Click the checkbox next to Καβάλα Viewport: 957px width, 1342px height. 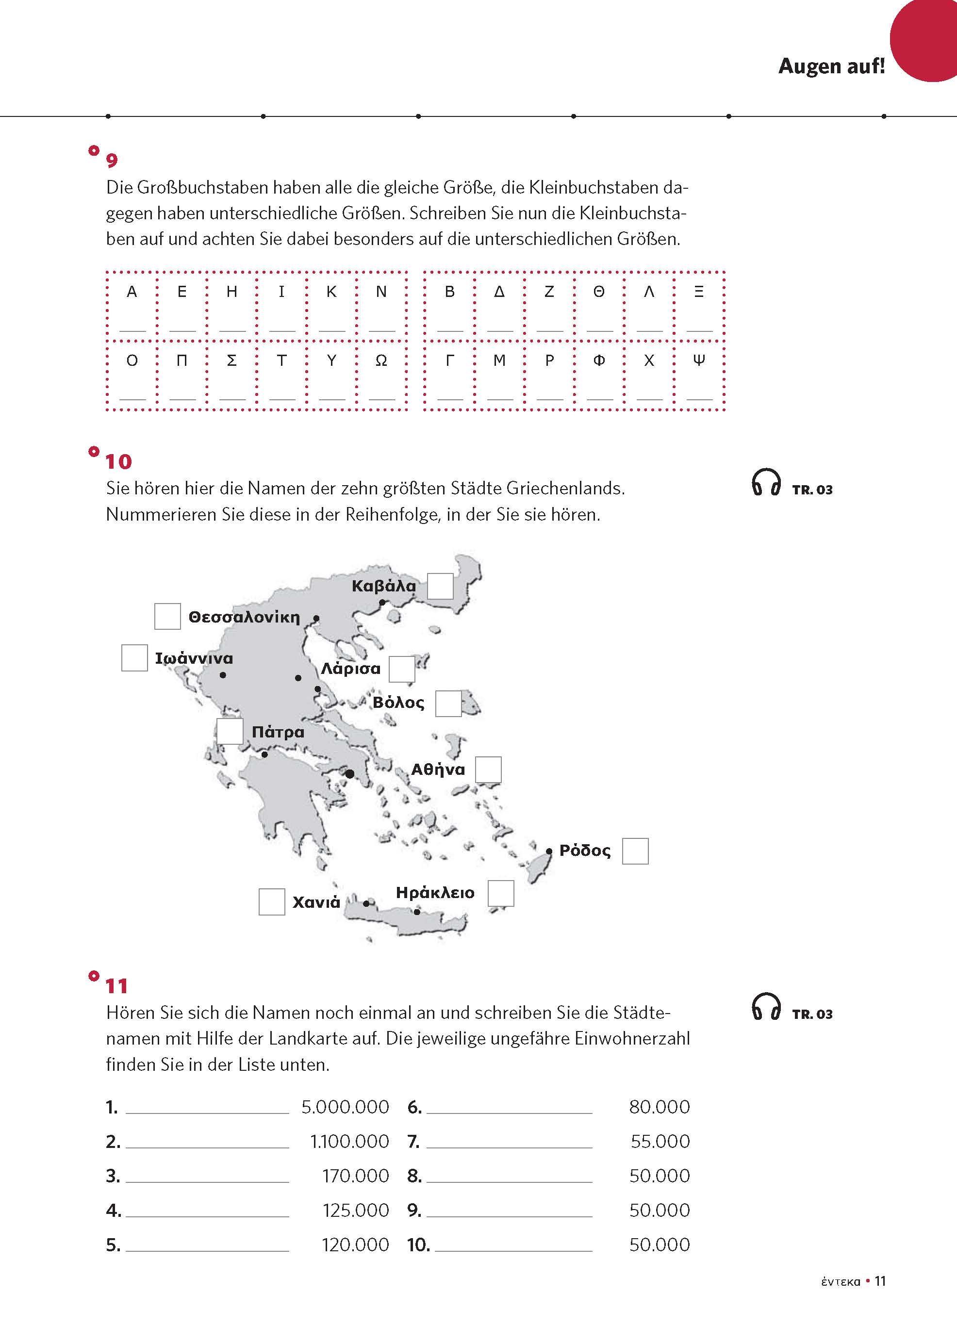point(440,586)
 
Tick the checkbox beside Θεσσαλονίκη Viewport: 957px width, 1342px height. point(167,616)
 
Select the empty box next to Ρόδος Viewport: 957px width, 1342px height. point(635,851)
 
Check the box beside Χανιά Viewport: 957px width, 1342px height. point(272,902)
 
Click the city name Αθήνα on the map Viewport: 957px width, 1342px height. point(438,769)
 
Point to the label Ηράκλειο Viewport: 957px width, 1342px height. point(435,893)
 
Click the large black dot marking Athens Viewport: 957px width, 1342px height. point(349,774)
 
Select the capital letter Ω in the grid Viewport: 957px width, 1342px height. point(381,360)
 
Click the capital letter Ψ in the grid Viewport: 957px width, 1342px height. point(699,360)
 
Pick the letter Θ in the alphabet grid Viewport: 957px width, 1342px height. point(599,292)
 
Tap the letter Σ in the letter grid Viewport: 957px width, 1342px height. point(231,360)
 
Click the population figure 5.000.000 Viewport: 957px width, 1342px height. point(346,1107)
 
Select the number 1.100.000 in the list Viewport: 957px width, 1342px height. point(349,1141)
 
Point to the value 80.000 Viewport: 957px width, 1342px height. point(659,1107)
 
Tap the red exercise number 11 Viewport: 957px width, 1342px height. point(116,986)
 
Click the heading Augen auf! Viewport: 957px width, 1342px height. point(831,66)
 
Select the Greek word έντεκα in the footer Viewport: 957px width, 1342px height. point(841,1282)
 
